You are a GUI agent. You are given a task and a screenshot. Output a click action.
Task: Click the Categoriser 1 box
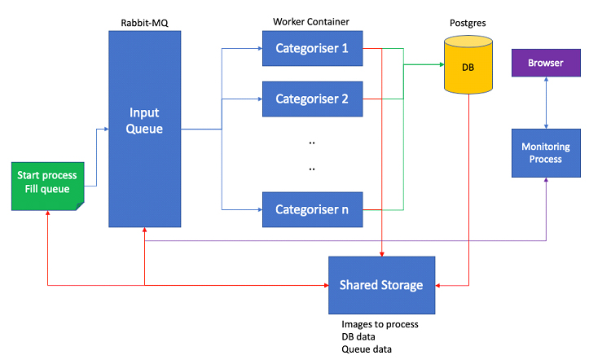click(311, 48)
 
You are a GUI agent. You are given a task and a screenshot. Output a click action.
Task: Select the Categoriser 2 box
click(311, 99)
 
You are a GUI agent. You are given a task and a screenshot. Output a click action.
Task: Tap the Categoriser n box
click(311, 209)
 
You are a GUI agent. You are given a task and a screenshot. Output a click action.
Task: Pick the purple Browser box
click(545, 63)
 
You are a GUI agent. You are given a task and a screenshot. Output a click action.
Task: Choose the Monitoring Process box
click(545, 152)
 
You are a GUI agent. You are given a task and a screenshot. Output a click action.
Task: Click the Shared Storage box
click(381, 285)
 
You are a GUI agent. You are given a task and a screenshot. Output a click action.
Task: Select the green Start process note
click(47, 183)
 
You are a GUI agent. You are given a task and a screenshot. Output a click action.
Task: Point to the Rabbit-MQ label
click(143, 22)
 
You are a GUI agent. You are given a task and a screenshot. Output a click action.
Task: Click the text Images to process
click(380, 324)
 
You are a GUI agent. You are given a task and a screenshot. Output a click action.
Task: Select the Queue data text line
click(367, 350)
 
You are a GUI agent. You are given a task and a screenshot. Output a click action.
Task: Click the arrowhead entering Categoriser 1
click(258, 48)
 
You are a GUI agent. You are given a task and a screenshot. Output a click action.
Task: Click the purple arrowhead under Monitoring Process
click(545, 182)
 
